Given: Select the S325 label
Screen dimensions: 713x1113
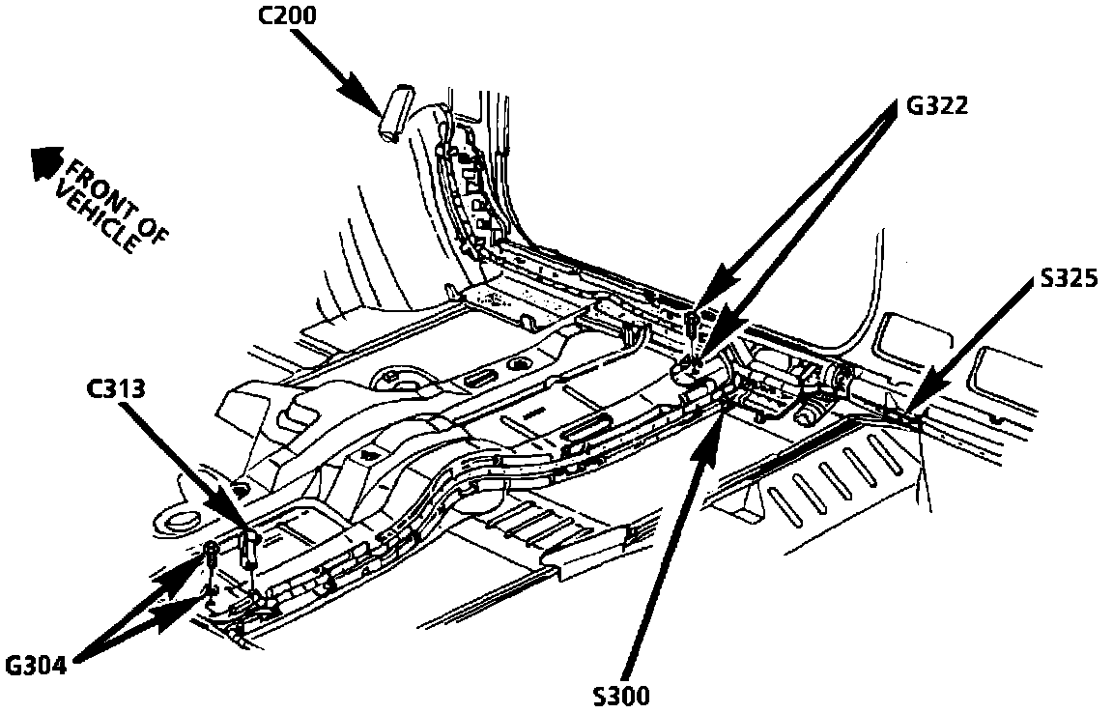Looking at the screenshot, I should click(1069, 279).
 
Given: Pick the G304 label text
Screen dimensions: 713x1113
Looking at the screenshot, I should click(38, 666).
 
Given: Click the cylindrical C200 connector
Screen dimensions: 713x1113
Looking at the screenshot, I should click(395, 112).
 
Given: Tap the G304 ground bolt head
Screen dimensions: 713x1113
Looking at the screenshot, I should click(211, 552).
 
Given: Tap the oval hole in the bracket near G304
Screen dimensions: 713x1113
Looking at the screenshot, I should click(180, 522).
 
